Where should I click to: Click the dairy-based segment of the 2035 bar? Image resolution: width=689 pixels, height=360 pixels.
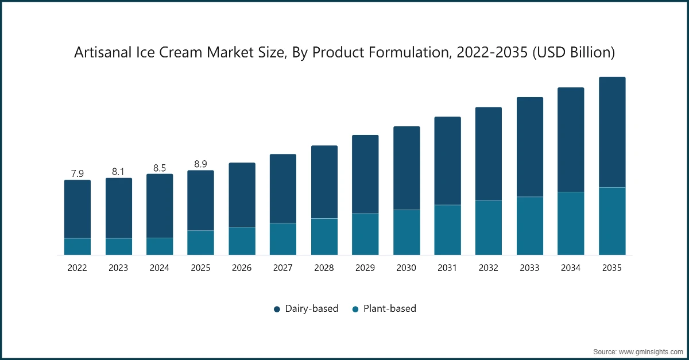[x=612, y=132]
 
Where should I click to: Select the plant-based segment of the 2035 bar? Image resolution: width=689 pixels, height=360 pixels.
[x=612, y=221]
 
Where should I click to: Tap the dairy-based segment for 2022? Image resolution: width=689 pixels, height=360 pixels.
[x=78, y=209]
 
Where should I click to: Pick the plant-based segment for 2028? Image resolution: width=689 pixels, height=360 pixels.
[x=324, y=237]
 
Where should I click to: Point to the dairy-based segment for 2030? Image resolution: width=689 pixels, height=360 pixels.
[x=407, y=168]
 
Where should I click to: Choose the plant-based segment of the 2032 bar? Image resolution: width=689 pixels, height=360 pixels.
[x=489, y=227]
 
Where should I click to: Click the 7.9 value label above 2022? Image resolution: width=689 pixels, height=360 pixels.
[x=78, y=173]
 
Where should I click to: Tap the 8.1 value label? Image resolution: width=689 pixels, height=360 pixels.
[x=119, y=171]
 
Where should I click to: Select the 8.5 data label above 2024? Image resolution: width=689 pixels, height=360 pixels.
[x=160, y=168]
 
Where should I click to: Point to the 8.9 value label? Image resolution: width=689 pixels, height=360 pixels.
[x=201, y=164]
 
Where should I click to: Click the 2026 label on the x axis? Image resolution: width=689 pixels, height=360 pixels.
[x=242, y=268]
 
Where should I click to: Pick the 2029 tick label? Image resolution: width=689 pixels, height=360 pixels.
[x=365, y=268]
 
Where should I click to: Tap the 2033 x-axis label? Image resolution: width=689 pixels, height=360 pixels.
[x=530, y=268]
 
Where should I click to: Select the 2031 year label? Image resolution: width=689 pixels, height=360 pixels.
[x=448, y=268]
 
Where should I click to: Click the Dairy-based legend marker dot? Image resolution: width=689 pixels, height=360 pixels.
[x=277, y=309]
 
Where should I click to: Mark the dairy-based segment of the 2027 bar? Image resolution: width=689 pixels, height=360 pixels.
[x=283, y=188]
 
